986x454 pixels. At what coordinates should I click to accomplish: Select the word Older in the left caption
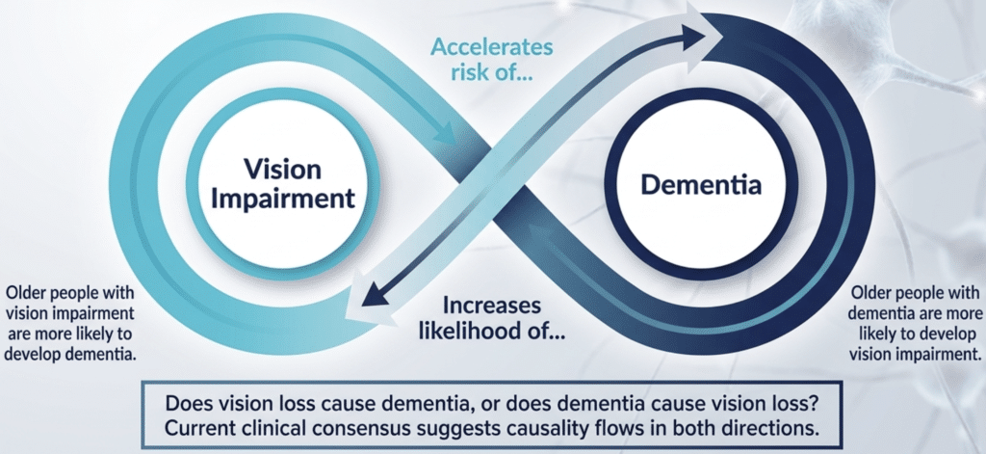pos(30,291)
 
